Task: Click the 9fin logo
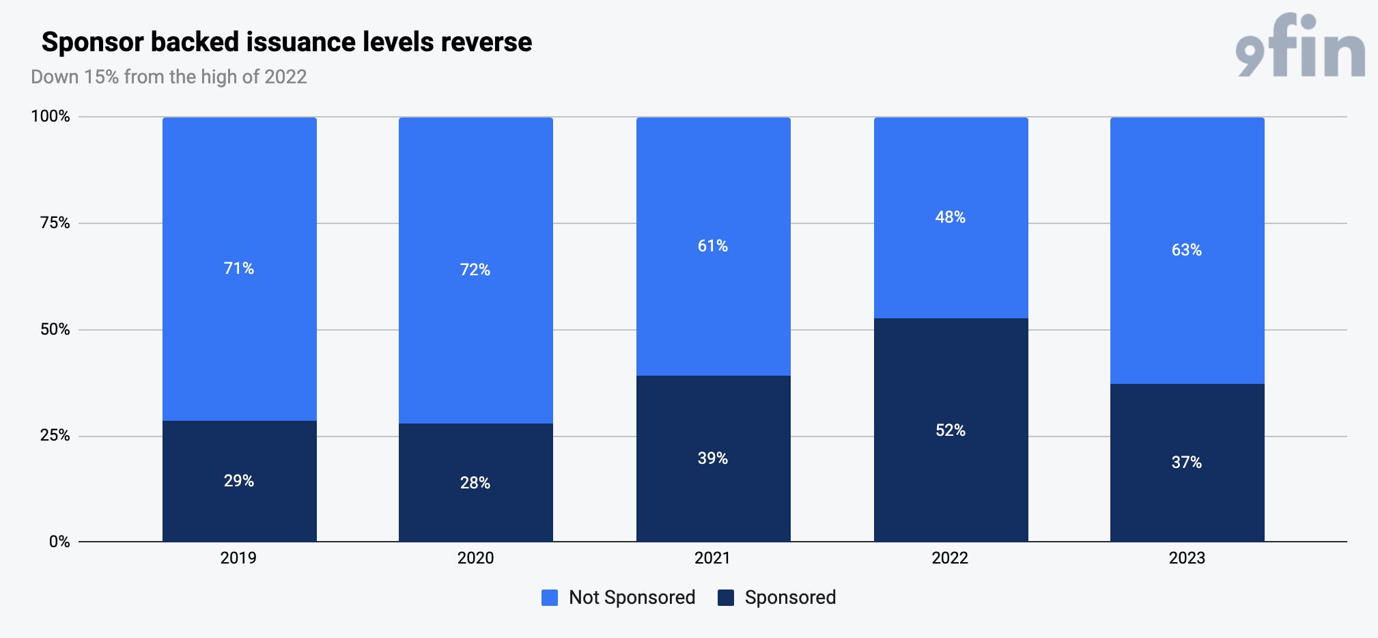1300,45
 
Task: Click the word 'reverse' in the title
486,42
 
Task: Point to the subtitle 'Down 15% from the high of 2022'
169,77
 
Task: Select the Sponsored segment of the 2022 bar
951,430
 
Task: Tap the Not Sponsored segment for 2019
239,269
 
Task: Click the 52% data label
951,430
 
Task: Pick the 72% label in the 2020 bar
475,270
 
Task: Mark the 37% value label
1187,462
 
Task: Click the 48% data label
951,217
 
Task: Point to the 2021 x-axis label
712,558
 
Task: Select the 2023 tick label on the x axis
1187,558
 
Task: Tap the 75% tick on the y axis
55,223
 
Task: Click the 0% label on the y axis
59,542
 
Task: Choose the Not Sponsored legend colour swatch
550,598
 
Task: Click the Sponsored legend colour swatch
726,598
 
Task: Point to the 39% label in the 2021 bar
713,458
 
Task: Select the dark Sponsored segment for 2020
476,482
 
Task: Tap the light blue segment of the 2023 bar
1187,251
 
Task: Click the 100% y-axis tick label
51,116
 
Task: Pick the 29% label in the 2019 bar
239,481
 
